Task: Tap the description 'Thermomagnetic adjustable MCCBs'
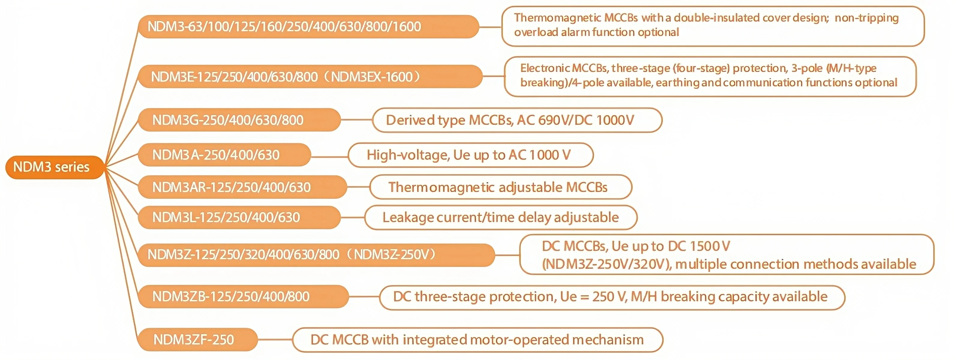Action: [498, 187]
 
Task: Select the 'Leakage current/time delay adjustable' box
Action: [500, 217]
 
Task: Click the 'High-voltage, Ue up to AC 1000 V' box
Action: [468, 155]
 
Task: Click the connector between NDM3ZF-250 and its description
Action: [275, 340]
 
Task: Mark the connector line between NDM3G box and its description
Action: [356, 120]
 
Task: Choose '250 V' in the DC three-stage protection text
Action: [609, 296]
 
